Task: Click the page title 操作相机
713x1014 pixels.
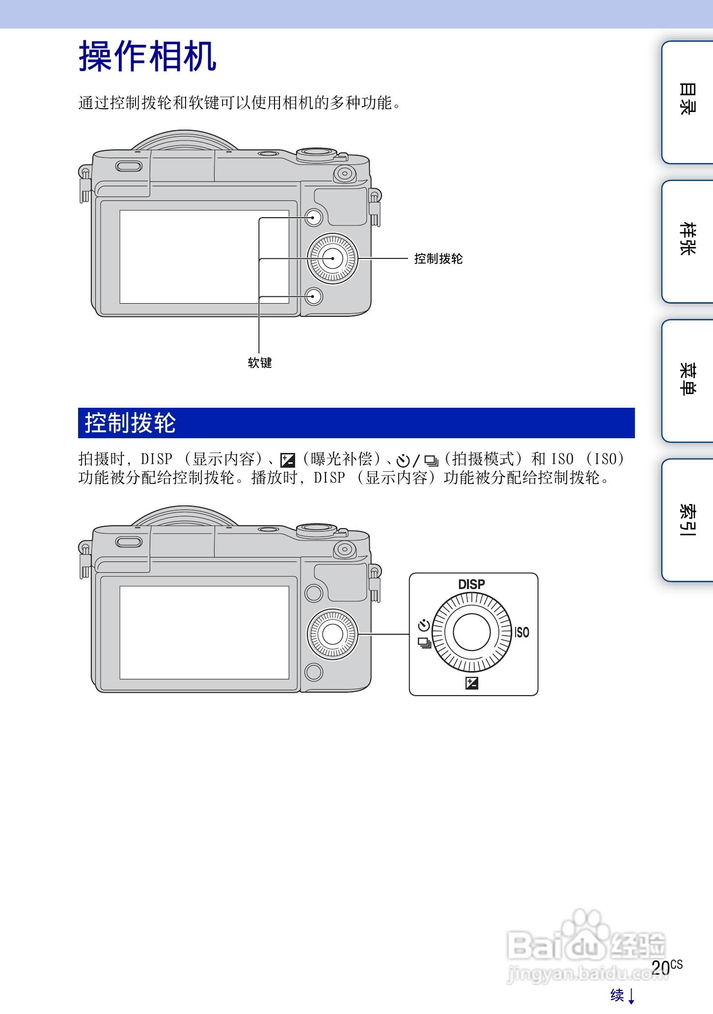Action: click(x=147, y=56)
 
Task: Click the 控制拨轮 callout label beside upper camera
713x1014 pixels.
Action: click(x=438, y=259)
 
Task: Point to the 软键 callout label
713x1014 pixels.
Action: click(x=260, y=363)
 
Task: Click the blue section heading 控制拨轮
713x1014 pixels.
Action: click(x=130, y=423)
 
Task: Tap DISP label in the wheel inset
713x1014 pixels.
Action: click(x=471, y=584)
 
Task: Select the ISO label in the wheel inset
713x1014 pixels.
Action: click(x=521, y=632)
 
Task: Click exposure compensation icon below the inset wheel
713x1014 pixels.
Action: click(x=472, y=683)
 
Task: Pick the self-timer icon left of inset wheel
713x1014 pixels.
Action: click(x=423, y=625)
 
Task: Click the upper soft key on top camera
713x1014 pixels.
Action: click(x=313, y=217)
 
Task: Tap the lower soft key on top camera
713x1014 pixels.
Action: click(x=313, y=296)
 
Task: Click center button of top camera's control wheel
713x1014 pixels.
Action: click(x=333, y=258)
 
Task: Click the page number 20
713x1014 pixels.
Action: click(x=661, y=967)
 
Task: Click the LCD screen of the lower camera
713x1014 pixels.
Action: click(x=204, y=633)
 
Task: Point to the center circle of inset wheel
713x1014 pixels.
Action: click(x=471, y=633)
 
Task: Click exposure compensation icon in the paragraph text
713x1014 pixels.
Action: click(x=288, y=460)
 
